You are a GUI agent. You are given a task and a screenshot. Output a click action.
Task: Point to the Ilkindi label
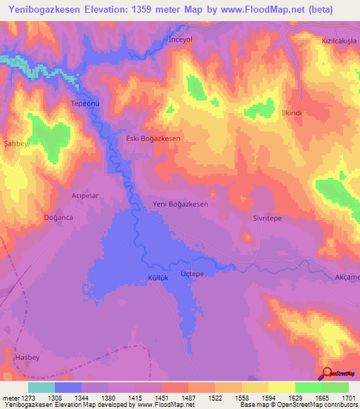(291, 113)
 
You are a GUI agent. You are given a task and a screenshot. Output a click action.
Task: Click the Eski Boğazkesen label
(153, 139)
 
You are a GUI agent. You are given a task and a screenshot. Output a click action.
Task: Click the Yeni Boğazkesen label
(181, 204)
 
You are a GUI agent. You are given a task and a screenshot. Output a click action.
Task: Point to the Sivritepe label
(267, 219)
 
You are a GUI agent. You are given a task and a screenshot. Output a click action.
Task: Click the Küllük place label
(157, 278)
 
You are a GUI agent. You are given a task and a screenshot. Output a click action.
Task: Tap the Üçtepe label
(192, 273)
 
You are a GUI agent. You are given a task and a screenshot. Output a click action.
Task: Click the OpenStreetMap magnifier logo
(328, 372)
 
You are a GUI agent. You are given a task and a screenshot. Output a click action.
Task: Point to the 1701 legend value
(347, 398)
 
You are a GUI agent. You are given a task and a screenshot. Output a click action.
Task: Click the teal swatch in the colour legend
(41, 387)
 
